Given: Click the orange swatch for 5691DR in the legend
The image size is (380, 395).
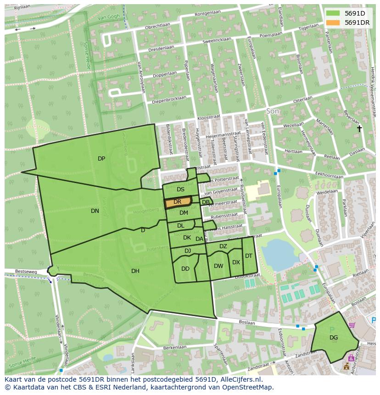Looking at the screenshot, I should coord(334,22).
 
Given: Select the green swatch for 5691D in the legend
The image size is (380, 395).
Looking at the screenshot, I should coord(334,13).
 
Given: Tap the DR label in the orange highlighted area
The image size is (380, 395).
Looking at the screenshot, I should coord(177,202).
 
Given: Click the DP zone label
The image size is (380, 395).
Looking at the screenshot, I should coord(101,159).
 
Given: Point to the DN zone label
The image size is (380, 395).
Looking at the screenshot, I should coord(95,211).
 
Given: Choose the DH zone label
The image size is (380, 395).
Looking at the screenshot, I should coord(135,271).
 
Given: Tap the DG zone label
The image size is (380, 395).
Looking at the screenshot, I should coord(334,338).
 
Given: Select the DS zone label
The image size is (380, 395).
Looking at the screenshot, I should coord(180,189).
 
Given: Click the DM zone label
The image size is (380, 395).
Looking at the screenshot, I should coord(184,213).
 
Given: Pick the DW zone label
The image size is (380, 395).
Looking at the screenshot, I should coord(218,266).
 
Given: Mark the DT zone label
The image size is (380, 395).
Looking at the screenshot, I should coord(248,256).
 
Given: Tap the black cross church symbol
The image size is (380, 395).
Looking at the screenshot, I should coord(360,129).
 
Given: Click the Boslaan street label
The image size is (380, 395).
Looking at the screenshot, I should coord(246,322).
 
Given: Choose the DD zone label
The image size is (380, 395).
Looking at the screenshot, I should coord(185,269).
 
